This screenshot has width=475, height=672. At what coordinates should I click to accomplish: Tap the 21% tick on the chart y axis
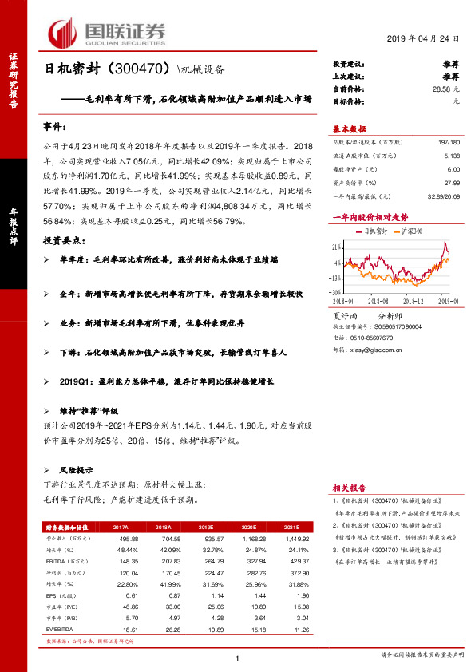(338, 247)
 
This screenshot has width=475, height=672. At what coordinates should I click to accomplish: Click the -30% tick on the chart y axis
(338, 293)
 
